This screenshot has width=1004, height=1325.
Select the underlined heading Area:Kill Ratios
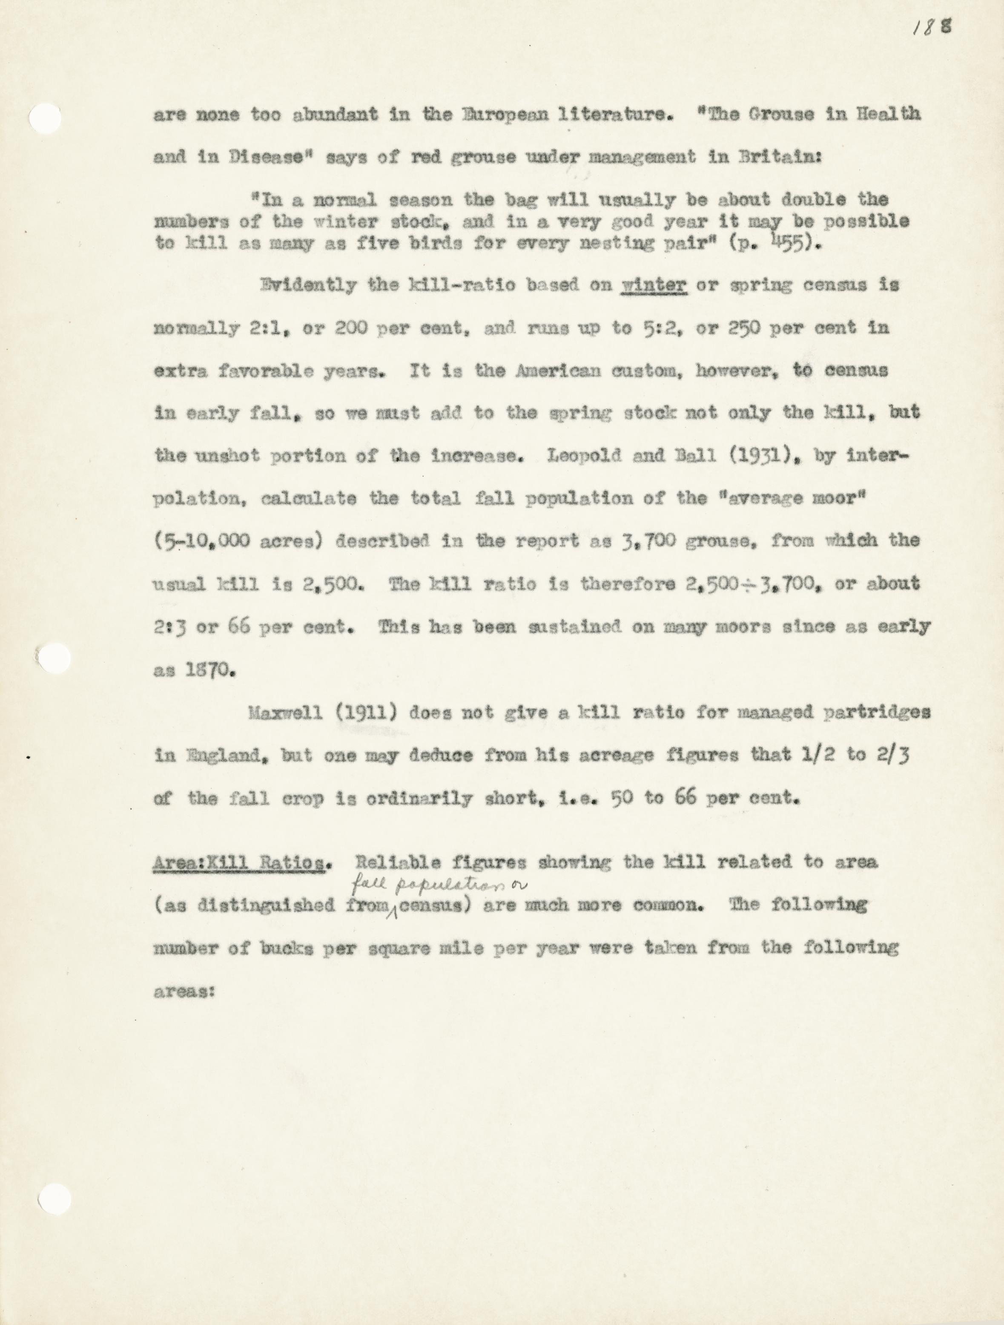(240, 862)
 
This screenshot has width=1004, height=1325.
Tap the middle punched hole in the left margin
(53, 658)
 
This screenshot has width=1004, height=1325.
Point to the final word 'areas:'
(184, 992)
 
